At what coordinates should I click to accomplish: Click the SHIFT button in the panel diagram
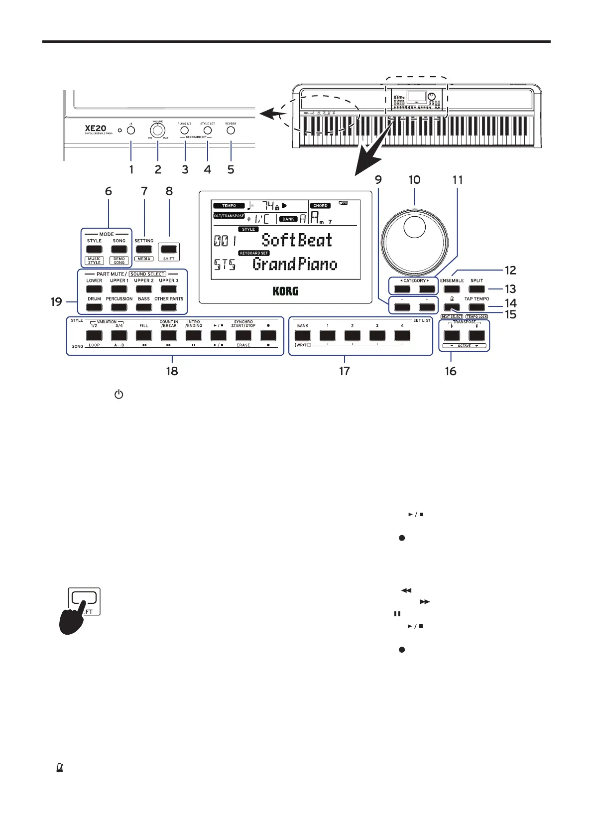coord(169,249)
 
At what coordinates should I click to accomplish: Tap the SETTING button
coord(144,249)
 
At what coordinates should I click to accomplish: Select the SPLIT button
coord(476,289)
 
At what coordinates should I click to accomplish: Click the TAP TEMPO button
coord(476,307)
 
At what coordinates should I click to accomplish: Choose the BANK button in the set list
coord(303,335)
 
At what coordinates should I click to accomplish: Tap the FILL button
coord(144,335)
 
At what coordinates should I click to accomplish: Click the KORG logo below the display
coord(285,291)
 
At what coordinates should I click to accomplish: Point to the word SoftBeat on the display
coord(297,240)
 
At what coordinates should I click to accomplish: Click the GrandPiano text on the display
coord(295,264)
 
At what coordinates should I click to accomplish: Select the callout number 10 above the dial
coord(414,180)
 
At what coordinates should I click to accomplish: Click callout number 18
coord(172,371)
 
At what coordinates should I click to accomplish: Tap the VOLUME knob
coord(158,131)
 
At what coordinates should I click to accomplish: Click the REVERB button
coord(231,131)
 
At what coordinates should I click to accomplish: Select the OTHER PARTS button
coord(169,307)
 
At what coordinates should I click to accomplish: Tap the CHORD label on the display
coord(320,205)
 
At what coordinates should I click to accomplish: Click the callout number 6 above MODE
coord(108,191)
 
